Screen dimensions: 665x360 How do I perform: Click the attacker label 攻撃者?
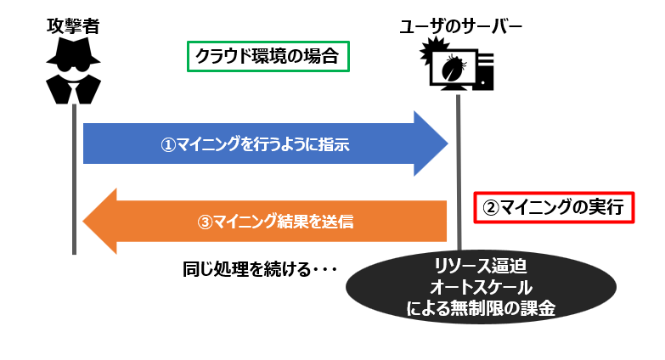[73, 25]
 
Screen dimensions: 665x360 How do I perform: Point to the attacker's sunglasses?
[73, 66]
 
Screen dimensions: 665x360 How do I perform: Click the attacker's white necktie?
[75, 92]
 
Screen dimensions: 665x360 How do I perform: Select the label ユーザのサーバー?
[460, 26]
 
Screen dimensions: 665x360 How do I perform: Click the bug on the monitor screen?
[453, 67]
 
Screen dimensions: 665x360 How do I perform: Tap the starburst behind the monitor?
[431, 50]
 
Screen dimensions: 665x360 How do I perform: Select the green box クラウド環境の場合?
[268, 56]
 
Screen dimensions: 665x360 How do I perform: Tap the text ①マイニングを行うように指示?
[255, 144]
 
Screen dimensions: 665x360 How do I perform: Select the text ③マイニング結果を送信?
[275, 222]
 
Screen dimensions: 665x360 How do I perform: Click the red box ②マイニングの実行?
[554, 207]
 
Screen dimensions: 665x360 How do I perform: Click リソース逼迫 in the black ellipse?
[481, 267]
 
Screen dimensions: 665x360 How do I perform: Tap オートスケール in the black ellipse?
[481, 288]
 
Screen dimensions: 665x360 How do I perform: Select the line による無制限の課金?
[481, 308]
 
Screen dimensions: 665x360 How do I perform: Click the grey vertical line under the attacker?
[74, 179]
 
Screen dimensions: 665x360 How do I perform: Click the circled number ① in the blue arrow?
[168, 145]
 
